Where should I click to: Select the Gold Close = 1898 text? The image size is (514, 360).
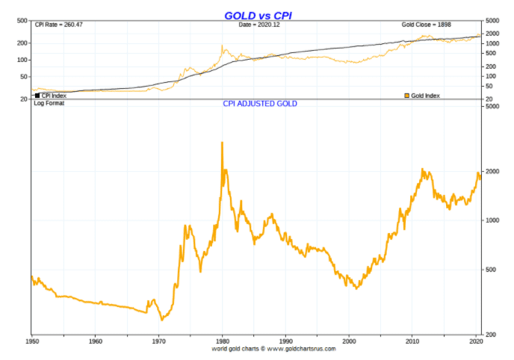pos(427,25)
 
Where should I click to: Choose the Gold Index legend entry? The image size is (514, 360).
pos(423,95)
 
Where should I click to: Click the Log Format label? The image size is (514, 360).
pos(49,103)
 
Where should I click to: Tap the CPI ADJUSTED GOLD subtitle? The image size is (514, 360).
pos(260,104)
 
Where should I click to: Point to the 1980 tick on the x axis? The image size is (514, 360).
pos(222,341)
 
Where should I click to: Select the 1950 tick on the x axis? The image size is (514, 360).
pos(31,341)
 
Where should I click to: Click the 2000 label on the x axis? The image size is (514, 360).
pos(349,341)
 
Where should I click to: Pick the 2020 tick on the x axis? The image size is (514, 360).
pos(476,341)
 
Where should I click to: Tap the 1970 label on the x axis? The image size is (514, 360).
pos(158,341)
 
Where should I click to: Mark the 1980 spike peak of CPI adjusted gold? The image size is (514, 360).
pos(222,142)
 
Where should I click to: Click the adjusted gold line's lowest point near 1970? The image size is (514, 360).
pos(161,320)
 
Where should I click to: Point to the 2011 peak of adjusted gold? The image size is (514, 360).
pos(423,170)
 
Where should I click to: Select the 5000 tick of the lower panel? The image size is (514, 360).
pos(492,107)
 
